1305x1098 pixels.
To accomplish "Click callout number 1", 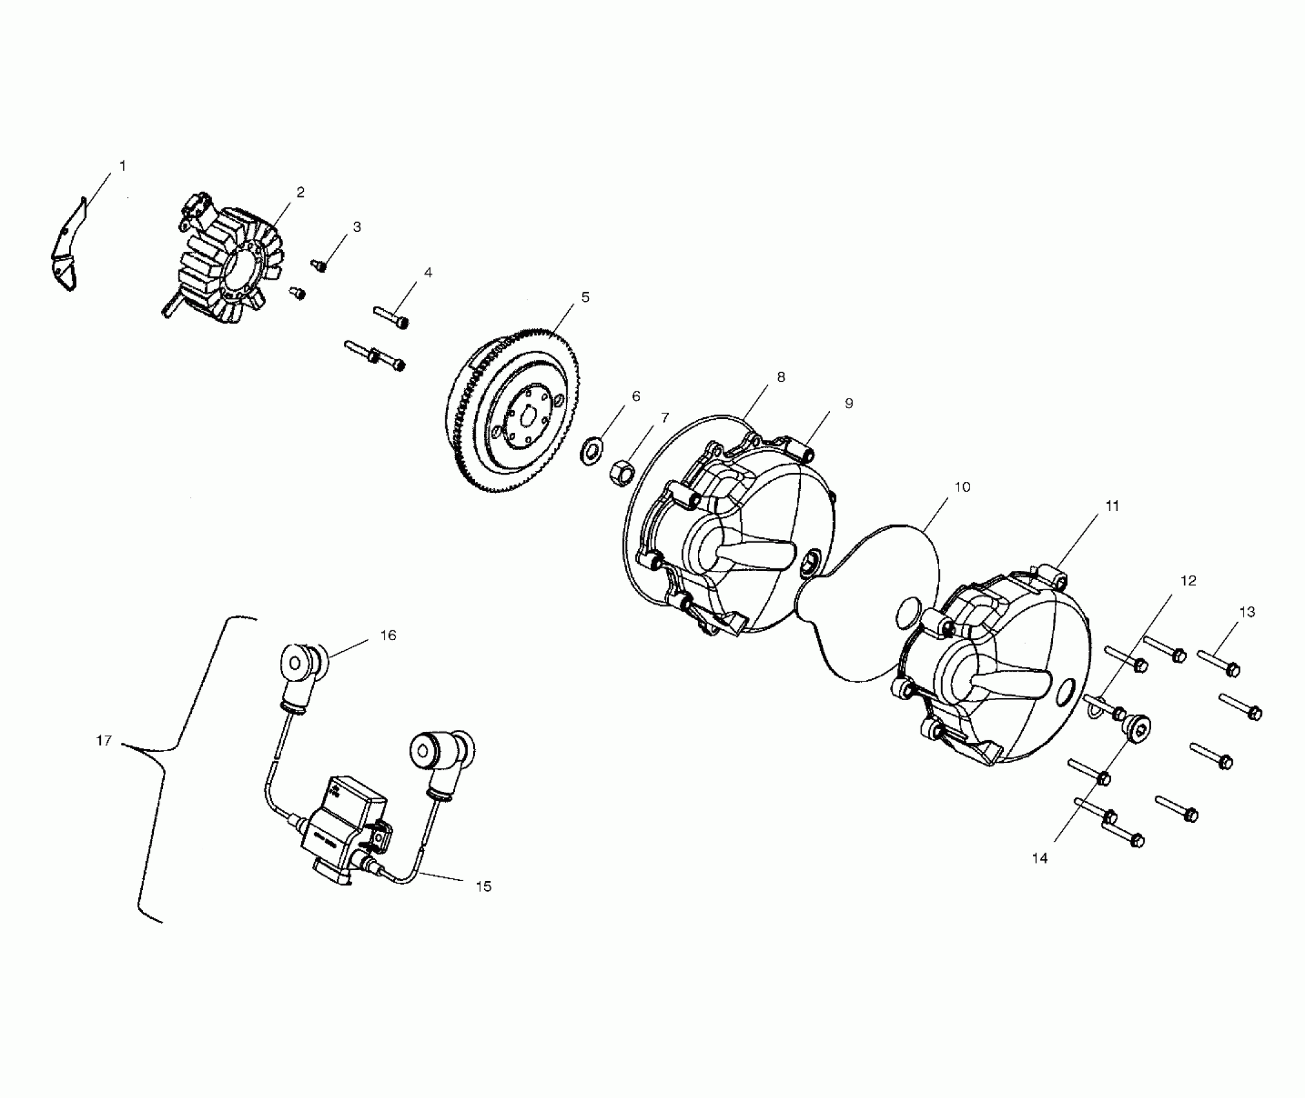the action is tap(122, 166).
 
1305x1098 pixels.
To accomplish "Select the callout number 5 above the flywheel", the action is tap(585, 298).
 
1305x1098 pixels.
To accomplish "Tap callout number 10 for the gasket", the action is tap(962, 487).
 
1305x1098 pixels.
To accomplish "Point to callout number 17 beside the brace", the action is tap(104, 741).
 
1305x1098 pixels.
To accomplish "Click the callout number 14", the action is tap(1040, 858).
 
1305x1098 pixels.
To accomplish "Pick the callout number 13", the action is tap(1247, 612).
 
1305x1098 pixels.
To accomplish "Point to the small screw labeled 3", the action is tap(319, 265).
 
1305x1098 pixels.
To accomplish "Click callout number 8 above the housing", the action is tap(781, 377).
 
